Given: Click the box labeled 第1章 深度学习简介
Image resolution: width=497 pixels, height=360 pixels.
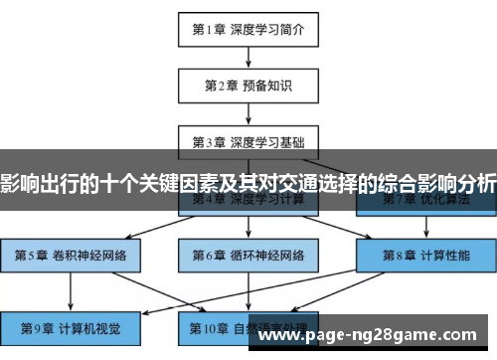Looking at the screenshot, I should pos(248,29).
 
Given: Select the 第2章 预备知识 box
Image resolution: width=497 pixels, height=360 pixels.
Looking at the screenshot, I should pos(248,86).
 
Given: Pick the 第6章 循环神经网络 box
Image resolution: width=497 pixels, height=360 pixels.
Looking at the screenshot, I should pos(248,256).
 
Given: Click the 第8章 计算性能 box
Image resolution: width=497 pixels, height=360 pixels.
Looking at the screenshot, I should pos(425,256).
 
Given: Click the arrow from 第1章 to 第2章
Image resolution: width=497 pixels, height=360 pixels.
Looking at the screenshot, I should pos(248,57).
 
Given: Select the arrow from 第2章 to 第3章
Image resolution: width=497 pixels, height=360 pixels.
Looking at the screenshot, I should pos(248,112).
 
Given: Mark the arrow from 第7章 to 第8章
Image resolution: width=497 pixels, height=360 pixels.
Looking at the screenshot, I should pos(425,228).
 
